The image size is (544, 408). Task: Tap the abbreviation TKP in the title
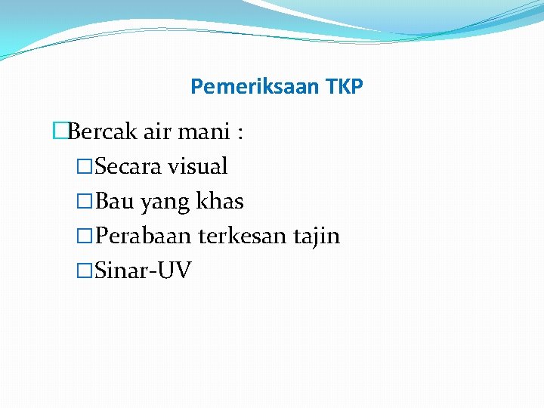point(345,87)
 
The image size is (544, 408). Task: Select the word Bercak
point(102,132)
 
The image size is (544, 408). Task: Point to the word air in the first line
point(157,132)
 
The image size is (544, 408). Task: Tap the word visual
point(198,166)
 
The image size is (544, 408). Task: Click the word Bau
point(114,201)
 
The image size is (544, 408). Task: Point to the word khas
point(220,201)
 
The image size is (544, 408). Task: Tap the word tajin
point(317,236)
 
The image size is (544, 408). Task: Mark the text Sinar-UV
point(144,270)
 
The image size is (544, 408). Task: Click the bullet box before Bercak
point(60,132)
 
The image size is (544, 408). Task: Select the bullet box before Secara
point(85,166)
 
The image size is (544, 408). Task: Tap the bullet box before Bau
point(85,201)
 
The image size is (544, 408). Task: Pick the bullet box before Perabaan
point(85,236)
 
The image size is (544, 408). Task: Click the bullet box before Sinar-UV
point(85,270)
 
